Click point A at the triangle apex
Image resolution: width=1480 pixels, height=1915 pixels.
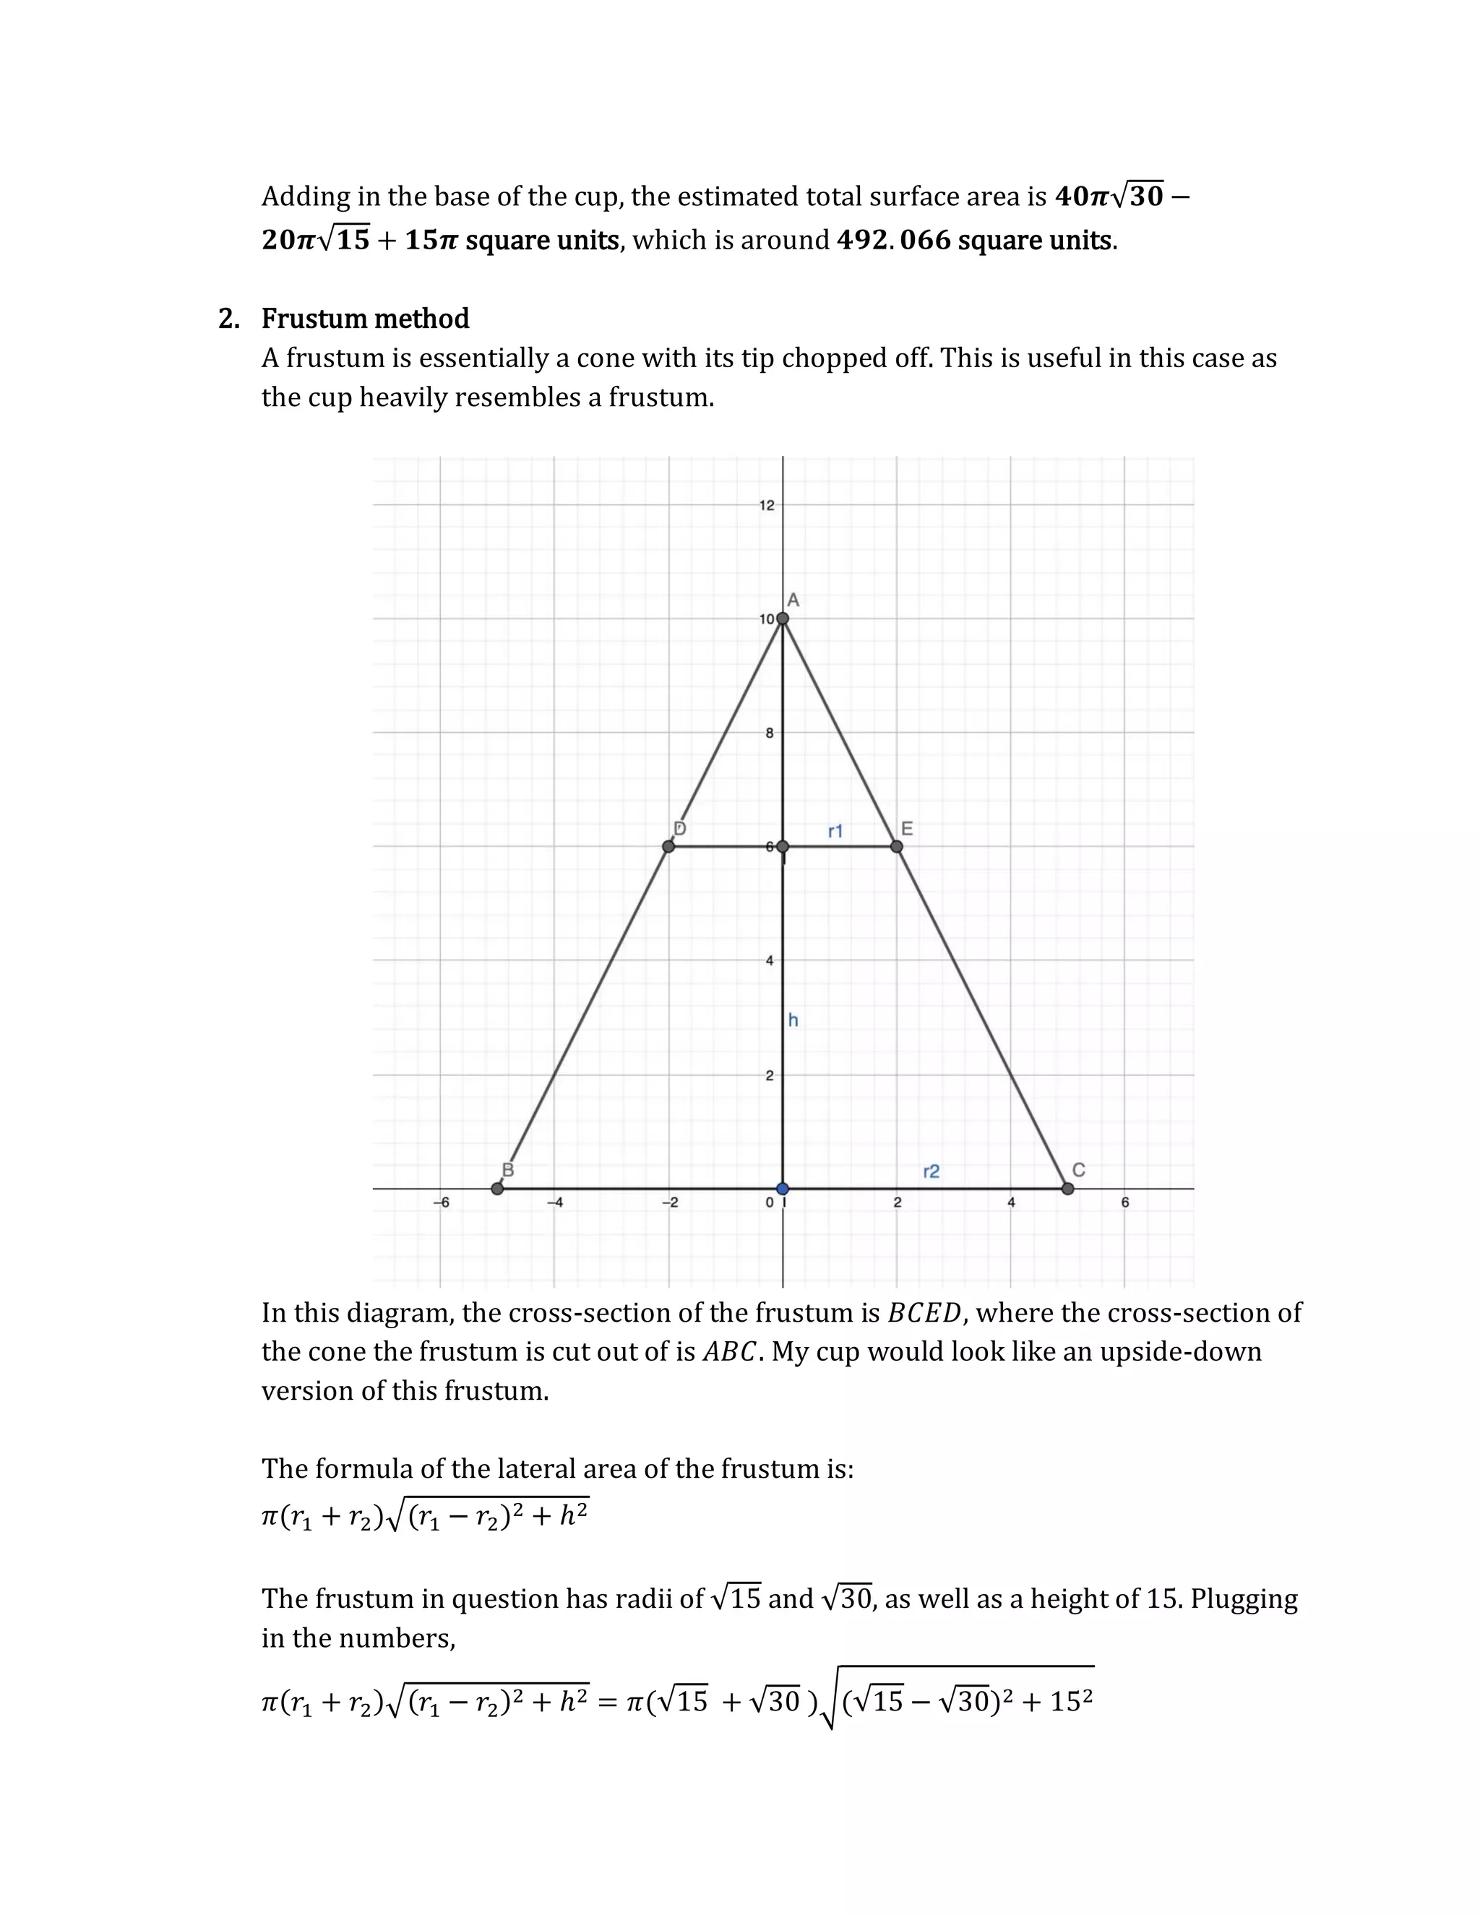coord(783,618)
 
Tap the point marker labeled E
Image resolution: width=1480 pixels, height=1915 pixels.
coord(896,846)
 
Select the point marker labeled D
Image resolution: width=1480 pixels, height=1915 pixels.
coord(669,846)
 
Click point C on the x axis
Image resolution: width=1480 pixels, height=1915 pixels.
coord(1067,1188)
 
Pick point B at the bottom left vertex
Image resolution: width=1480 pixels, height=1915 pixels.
coord(498,1188)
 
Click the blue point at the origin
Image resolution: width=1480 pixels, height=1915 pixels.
coord(783,1188)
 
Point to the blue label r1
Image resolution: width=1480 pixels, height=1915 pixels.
coord(835,830)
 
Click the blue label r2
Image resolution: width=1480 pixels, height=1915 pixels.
coord(931,1171)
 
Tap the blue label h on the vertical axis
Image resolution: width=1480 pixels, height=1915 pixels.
coord(793,1020)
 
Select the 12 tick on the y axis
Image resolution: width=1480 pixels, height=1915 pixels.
coord(766,505)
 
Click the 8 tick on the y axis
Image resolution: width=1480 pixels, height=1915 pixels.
coord(769,733)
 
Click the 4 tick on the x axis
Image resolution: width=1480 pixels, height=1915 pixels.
coord(1011,1202)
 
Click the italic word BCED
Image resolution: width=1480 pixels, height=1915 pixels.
coord(924,1312)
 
